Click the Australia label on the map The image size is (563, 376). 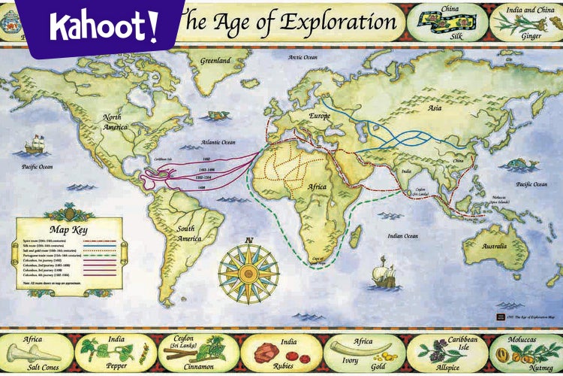(494, 247)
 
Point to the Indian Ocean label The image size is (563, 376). (403, 236)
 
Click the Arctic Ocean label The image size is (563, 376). (303, 57)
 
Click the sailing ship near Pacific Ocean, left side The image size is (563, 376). (35, 144)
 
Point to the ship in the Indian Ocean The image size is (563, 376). (384, 272)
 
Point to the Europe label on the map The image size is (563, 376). (320, 116)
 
